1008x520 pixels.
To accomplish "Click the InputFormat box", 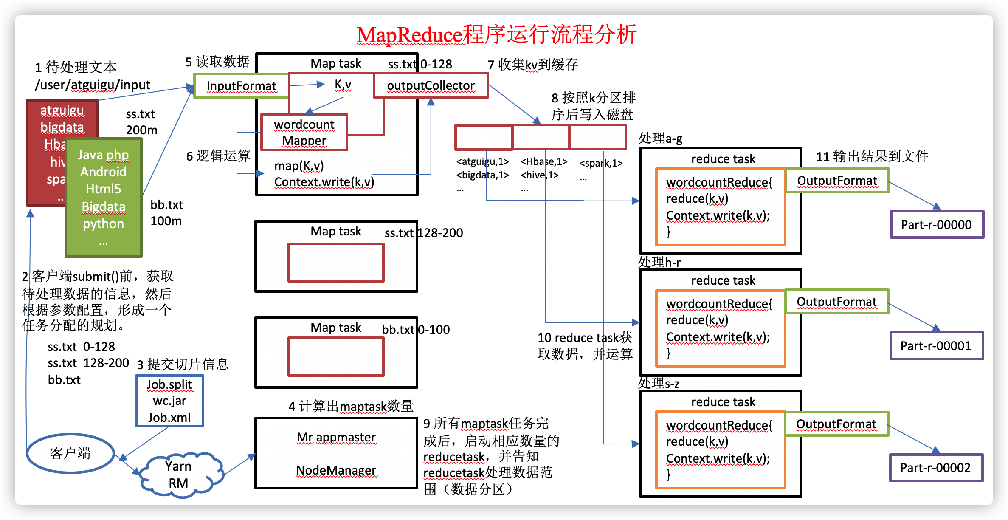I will (241, 86).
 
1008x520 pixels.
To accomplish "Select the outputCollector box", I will (431, 86).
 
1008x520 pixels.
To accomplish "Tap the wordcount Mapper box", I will (304, 133).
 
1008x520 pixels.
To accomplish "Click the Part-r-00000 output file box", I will (936, 224).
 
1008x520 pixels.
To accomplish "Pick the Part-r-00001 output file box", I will (936, 346).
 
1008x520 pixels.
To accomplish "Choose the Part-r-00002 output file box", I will (935, 468).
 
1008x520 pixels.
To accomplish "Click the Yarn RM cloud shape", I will (179, 475).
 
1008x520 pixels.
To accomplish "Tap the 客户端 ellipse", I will (70, 453).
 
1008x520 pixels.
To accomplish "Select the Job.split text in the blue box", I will (169, 384).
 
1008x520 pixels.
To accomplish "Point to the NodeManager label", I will (336, 470).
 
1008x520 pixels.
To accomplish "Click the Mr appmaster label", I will (336, 437).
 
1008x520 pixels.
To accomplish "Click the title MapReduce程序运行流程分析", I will (496, 35).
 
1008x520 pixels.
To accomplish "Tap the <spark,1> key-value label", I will (601, 163).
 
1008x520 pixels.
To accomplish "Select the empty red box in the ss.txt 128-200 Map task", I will (336, 263).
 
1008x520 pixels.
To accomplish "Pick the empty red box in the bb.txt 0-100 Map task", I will (336, 357).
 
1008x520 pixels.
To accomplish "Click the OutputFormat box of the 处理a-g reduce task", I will (837, 181).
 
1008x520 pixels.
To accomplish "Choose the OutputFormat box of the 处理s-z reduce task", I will (836, 424).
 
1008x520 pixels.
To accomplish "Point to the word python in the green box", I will (103, 224).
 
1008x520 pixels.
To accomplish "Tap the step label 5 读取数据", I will (217, 62).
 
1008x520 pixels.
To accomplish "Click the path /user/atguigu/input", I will (93, 85).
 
